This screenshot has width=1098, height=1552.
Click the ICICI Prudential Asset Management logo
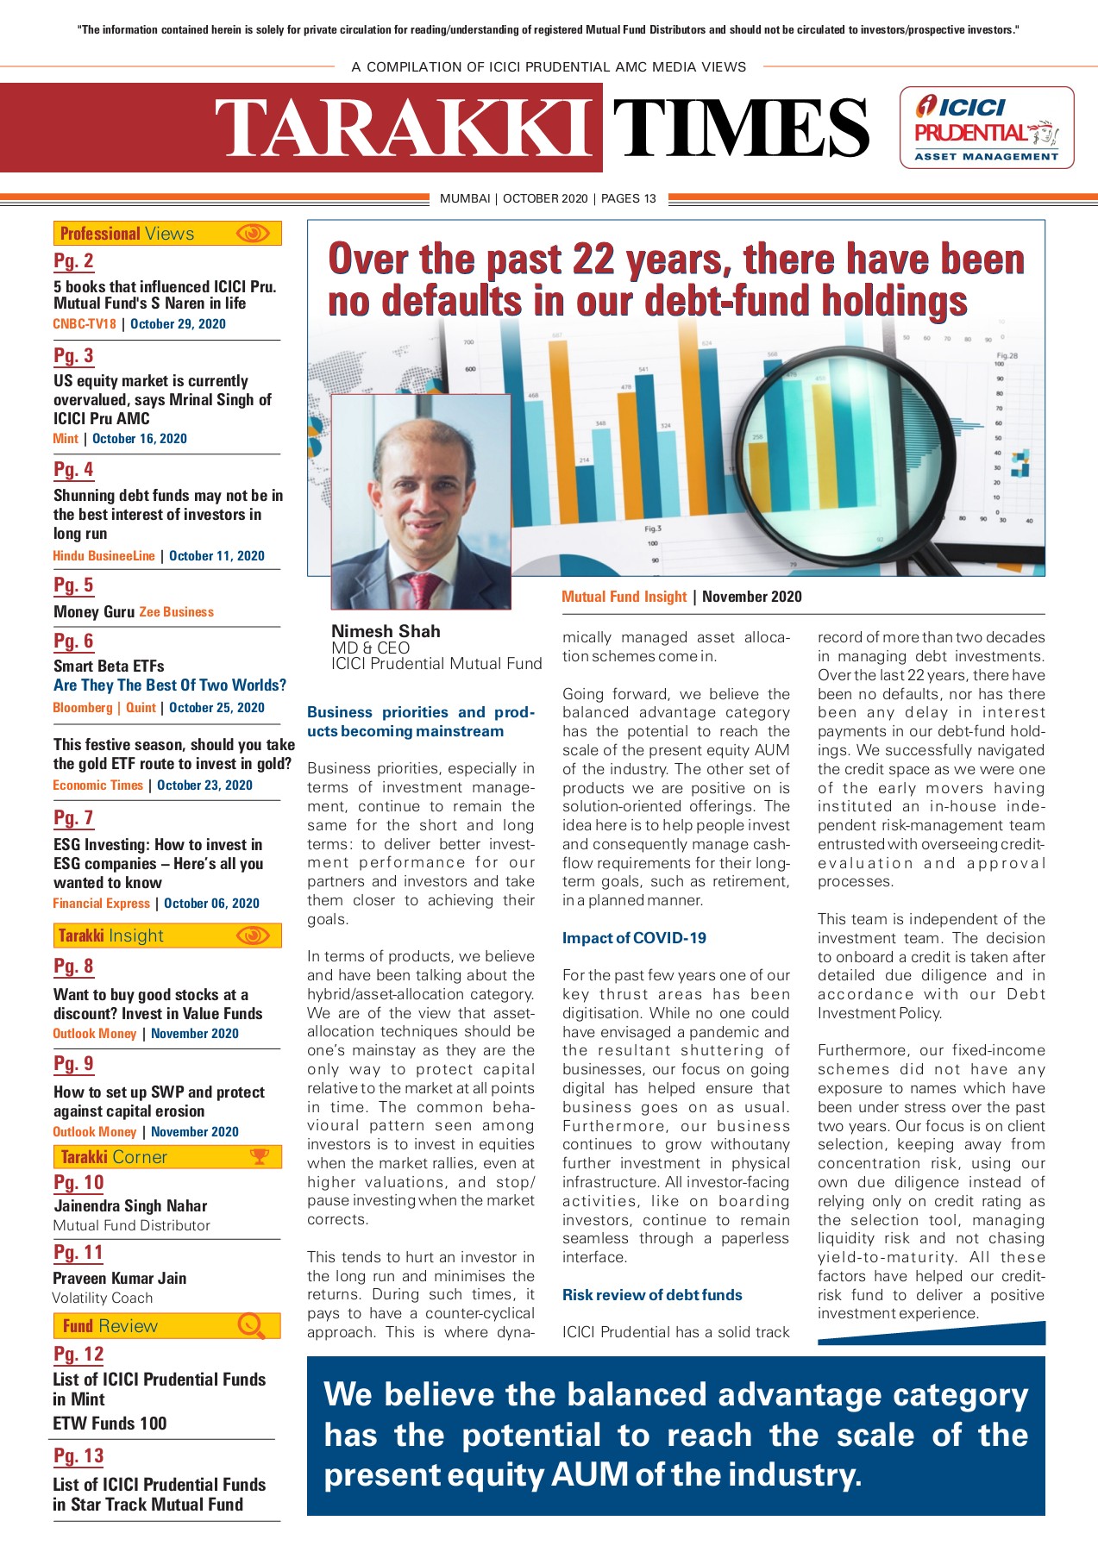[986, 128]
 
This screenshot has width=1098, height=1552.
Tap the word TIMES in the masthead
[740, 128]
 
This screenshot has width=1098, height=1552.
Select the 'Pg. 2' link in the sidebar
[73, 261]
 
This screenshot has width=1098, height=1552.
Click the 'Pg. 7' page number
[73, 817]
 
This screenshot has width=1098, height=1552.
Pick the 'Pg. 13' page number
[78, 1456]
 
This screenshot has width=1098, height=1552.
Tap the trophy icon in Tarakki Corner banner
[259, 1157]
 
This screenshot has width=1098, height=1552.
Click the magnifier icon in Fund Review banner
[251, 1325]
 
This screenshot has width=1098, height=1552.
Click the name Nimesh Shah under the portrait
[386, 631]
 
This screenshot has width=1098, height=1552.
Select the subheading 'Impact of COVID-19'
[634, 938]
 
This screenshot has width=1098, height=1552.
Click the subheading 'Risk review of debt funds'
[652, 1295]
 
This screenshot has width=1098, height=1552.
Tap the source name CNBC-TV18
[85, 324]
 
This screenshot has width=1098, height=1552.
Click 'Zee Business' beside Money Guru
[176, 612]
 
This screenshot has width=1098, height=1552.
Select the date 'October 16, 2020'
[140, 439]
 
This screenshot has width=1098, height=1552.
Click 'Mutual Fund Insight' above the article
[624, 597]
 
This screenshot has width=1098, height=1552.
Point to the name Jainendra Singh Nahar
[130, 1206]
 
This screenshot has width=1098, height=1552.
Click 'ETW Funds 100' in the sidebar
[110, 1424]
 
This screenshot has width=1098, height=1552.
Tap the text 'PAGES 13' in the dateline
[628, 198]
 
